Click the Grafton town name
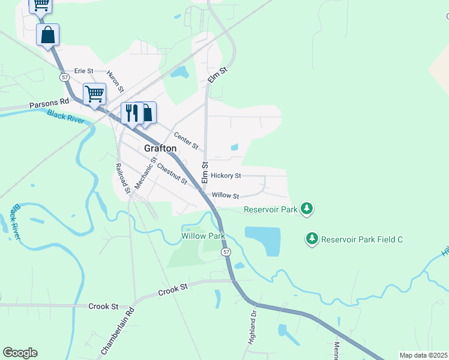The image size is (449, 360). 160,148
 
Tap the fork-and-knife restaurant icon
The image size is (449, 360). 131,112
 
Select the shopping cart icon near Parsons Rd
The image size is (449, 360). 94,94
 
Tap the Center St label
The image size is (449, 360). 186,141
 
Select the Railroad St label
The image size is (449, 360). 122,178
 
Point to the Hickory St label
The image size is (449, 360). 226,176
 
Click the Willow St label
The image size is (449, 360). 225,196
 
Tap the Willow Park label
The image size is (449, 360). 203,236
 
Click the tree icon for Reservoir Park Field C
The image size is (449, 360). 312,239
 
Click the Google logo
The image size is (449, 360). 20,353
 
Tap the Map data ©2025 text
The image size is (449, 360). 423,355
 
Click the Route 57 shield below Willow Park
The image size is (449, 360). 226,253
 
